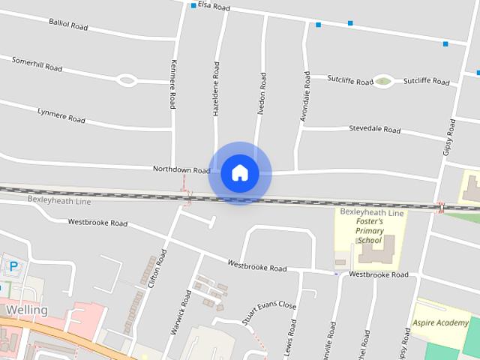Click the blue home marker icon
(239, 172)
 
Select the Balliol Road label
(69, 25)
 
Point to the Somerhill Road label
(37, 63)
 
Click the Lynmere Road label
(61, 115)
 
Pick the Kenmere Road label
(173, 84)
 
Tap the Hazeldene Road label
(216, 88)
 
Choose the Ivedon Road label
(262, 93)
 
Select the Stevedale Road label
(374, 129)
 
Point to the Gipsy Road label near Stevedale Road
(448, 137)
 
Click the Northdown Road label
(181, 169)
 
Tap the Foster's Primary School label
(370, 231)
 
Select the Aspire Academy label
(440, 323)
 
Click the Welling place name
(26, 310)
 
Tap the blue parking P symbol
(13, 265)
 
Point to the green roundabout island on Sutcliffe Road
(383, 81)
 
